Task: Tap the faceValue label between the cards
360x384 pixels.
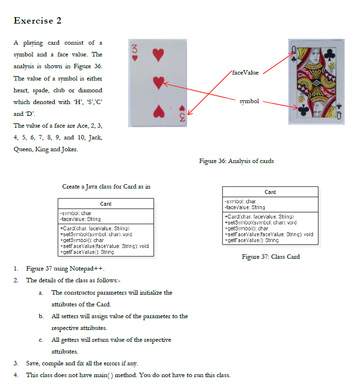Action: tap(245, 72)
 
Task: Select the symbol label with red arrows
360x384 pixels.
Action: tap(249, 101)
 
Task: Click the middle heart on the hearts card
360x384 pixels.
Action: tap(158, 82)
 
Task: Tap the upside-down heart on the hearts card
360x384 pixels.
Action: tap(158, 111)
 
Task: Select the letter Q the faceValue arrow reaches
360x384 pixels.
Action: tap(294, 48)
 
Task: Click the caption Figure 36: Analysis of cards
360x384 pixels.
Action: tap(236, 161)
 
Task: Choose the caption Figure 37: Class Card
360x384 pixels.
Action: tap(271, 256)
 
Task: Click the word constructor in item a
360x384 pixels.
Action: tap(80, 293)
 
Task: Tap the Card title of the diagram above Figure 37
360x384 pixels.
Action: tap(270, 192)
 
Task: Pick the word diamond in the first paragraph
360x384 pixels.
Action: tap(90, 90)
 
